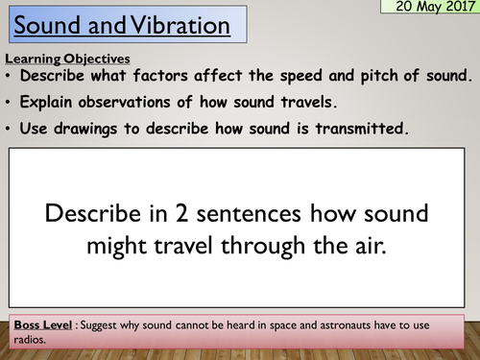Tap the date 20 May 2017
(428, 10)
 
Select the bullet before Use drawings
(10, 123)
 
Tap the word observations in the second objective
(135, 100)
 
